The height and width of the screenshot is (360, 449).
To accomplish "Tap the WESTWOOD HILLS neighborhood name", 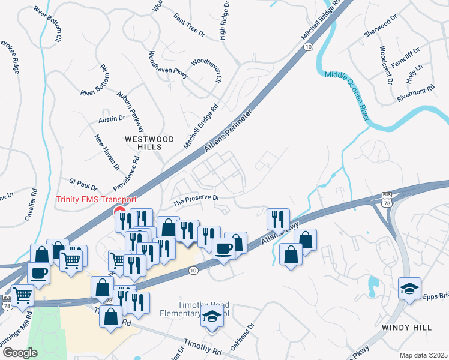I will tap(149, 143).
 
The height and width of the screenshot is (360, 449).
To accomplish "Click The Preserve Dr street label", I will tap(196, 198).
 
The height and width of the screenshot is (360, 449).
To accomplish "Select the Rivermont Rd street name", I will tap(414, 91).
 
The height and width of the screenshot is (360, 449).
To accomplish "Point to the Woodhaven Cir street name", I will tap(206, 70).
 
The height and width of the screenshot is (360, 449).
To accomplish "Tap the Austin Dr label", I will tap(111, 119).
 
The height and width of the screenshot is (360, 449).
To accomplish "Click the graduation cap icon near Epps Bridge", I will tap(409, 288).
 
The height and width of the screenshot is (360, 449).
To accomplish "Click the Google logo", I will tap(20, 353).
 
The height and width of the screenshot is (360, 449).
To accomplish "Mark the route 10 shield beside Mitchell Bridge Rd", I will tap(308, 46).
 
